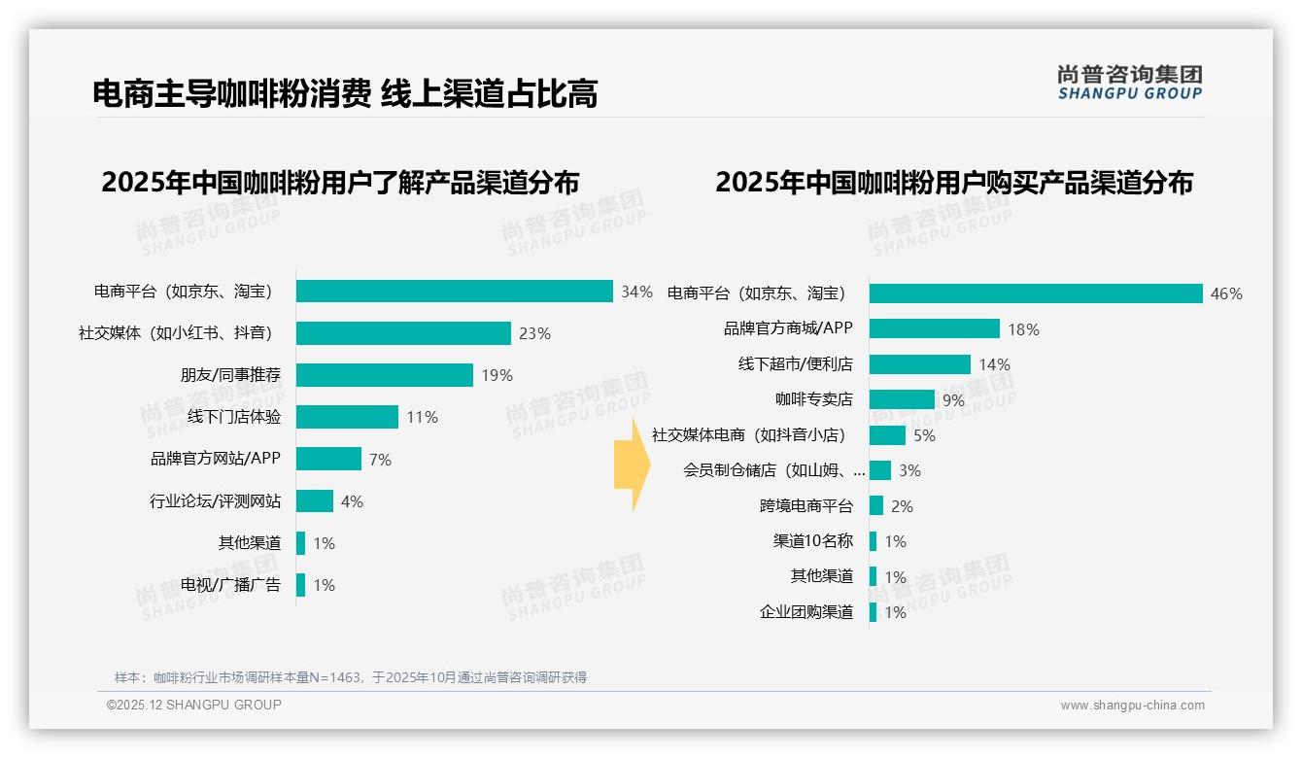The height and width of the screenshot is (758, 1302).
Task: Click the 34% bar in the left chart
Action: pyautogui.click(x=454, y=292)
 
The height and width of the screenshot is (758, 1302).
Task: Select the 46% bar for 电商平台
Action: pyautogui.click(x=1036, y=293)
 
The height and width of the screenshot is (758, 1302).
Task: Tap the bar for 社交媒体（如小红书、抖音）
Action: pyautogui.click(x=403, y=333)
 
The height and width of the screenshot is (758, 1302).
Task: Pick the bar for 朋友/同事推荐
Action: pyautogui.click(x=384, y=375)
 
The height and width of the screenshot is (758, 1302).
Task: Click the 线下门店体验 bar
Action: pyautogui.click(x=347, y=417)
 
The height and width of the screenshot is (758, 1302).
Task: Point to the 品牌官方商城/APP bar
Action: pyautogui.click(x=934, y=328)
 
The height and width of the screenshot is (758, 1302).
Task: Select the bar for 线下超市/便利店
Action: pyautogui.click(x=919, y=364)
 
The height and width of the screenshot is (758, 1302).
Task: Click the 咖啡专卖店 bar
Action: pyautogui.click(x=902, y=399)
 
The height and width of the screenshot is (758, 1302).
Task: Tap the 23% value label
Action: pyautogui.click(x=534, y=333)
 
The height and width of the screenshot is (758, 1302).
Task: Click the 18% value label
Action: pyautogui.click(x=1023, y=329)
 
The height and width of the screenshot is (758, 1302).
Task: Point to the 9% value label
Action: pyautogui.click(x=953, y=400)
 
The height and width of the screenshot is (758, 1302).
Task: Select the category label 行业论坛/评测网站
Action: pyautogui.click(x=215, y=501)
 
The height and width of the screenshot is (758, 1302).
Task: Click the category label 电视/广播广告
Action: pyautogui.click(x=230, y=585)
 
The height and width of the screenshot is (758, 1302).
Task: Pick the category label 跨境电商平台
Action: pyautogui.click(x=805, y=506)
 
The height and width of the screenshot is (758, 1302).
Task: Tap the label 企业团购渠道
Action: pyautogui.click(x=805, y=612)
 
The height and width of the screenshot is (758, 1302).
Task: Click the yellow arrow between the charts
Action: pyautogui.click(x=631, y=465)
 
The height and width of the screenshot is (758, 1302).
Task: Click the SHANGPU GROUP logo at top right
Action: pyautogui.click(x=1129, y=83)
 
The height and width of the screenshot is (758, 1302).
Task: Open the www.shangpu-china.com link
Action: pyautogui.click(x=1132, y=706)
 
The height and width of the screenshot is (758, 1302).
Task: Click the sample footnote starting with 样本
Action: pyautogui.click(x=351, y=677)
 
